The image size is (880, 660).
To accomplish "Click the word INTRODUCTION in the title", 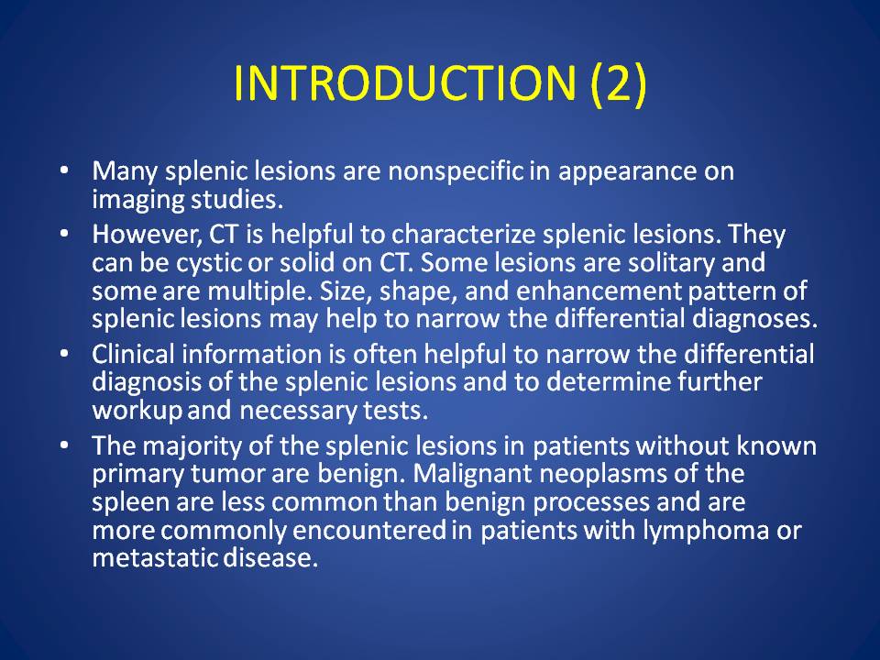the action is tap(404, 83).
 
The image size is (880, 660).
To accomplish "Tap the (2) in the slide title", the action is tap(619, 83).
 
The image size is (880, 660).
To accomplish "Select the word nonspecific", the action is tap(456, 171).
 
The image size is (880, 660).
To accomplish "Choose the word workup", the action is tap(137, 411).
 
